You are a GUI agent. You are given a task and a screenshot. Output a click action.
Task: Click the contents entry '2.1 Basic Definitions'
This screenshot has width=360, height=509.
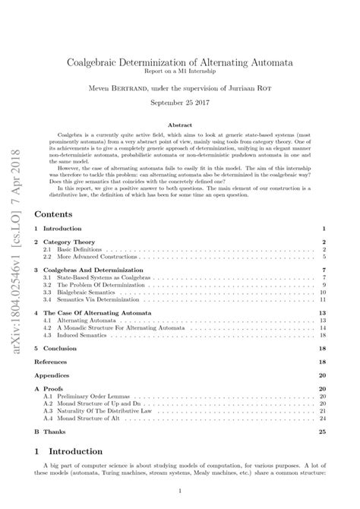point(75,249)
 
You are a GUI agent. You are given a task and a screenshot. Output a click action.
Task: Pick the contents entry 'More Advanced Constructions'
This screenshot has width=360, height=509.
point(95,257)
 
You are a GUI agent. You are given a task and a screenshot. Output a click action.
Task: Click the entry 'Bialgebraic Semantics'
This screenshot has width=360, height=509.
point(84,292)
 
